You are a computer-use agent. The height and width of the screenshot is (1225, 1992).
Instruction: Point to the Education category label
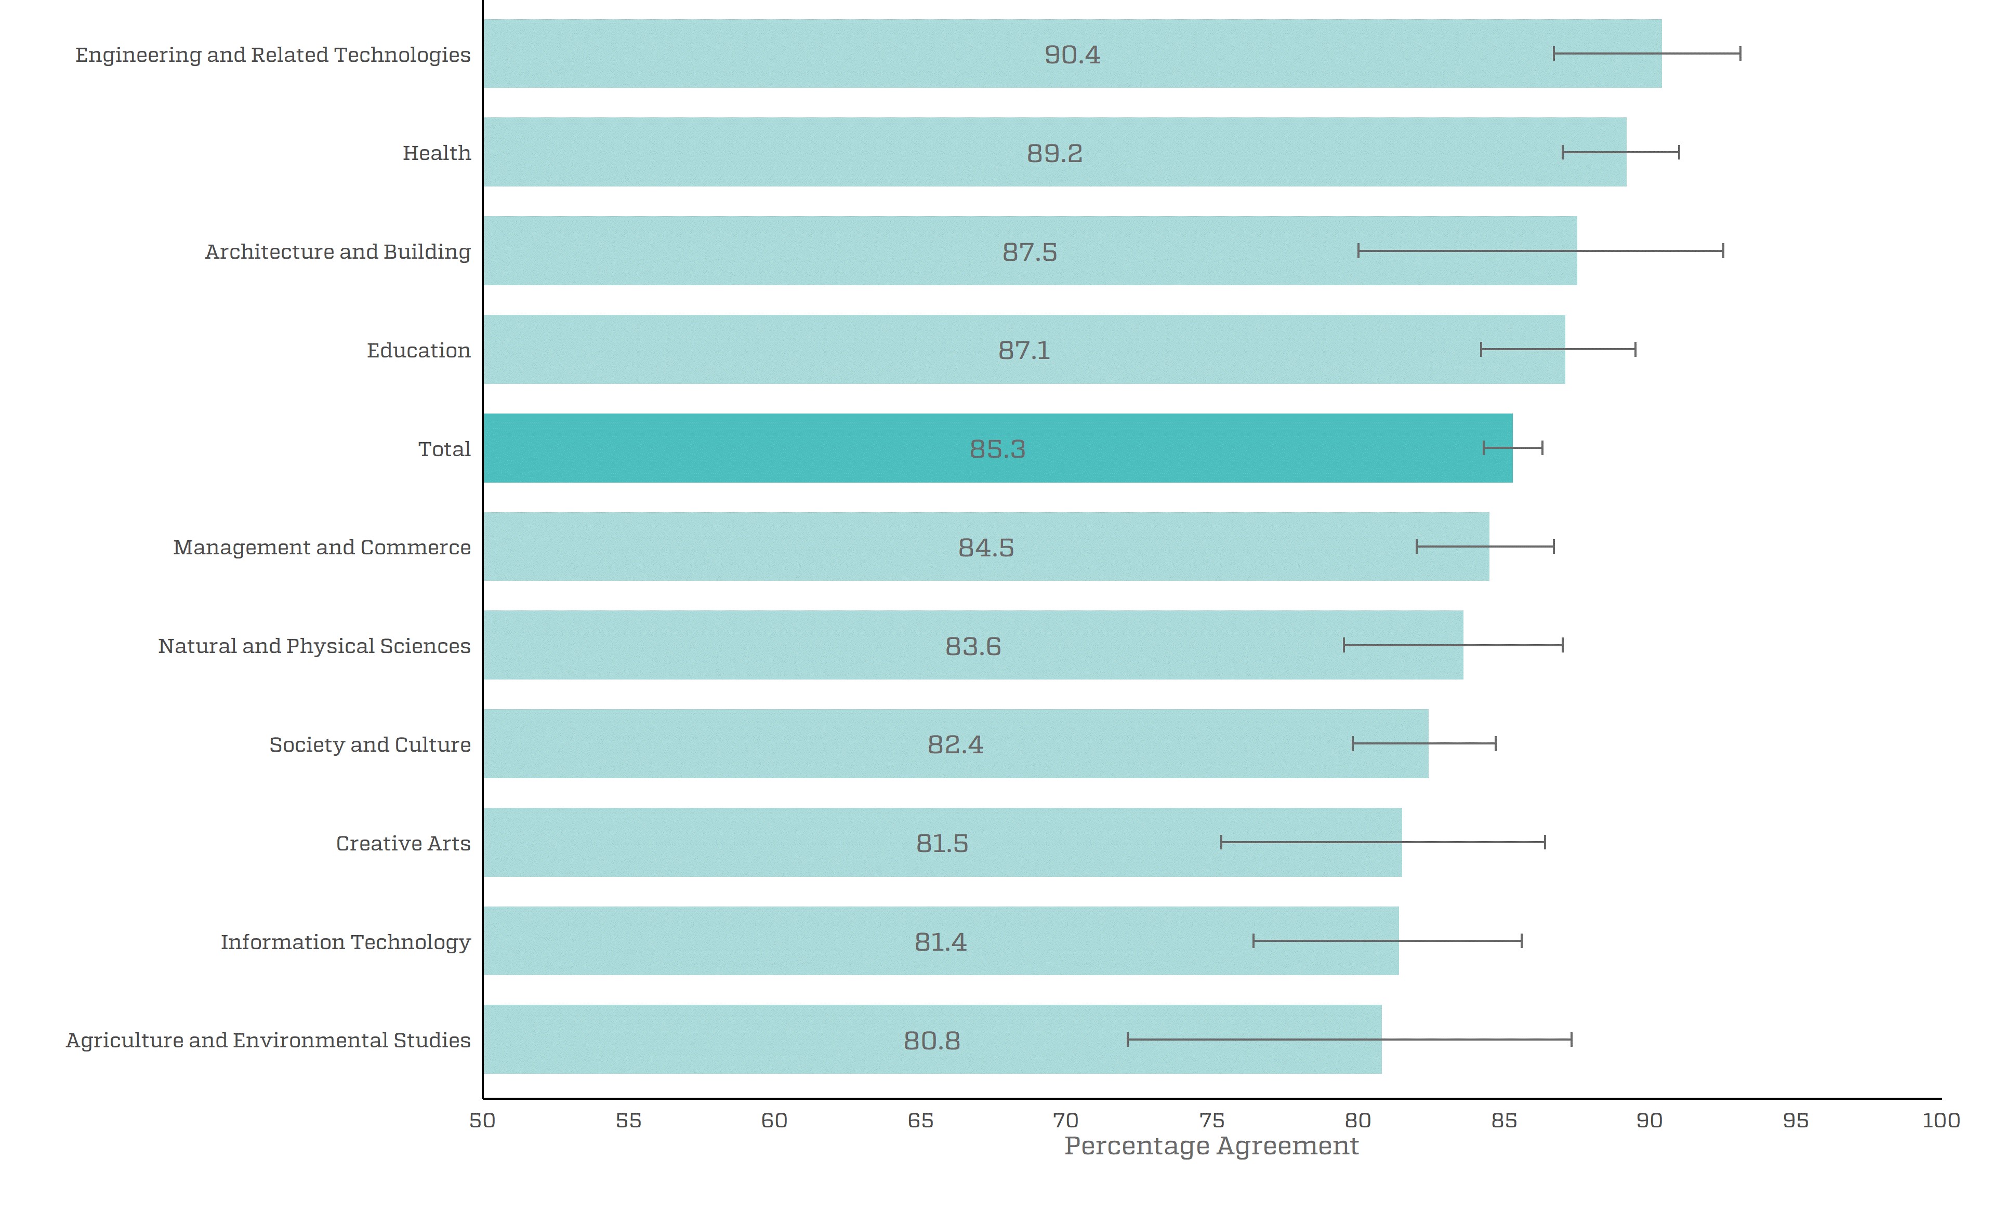[418, 350]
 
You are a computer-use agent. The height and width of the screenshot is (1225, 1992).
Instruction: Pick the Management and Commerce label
[322, 548]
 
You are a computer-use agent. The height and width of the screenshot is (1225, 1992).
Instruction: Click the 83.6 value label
[972, 646]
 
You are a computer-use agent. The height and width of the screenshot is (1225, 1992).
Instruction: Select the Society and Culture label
[370, 744]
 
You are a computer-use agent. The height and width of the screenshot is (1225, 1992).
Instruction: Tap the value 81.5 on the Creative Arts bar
[942, 843]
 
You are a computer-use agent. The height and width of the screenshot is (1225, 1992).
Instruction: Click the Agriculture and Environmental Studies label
[268, 1040]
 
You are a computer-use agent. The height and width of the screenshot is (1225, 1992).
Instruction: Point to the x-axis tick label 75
[1211, 1121]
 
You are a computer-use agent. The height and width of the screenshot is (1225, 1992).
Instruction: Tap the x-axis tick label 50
[482, 1121]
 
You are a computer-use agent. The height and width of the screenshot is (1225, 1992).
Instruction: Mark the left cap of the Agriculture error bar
[1127, 1040]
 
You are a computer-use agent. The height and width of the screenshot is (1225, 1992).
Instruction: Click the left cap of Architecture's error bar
[1358, 251]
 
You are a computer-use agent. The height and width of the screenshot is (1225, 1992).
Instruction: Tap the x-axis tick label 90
[1649, 1121]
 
